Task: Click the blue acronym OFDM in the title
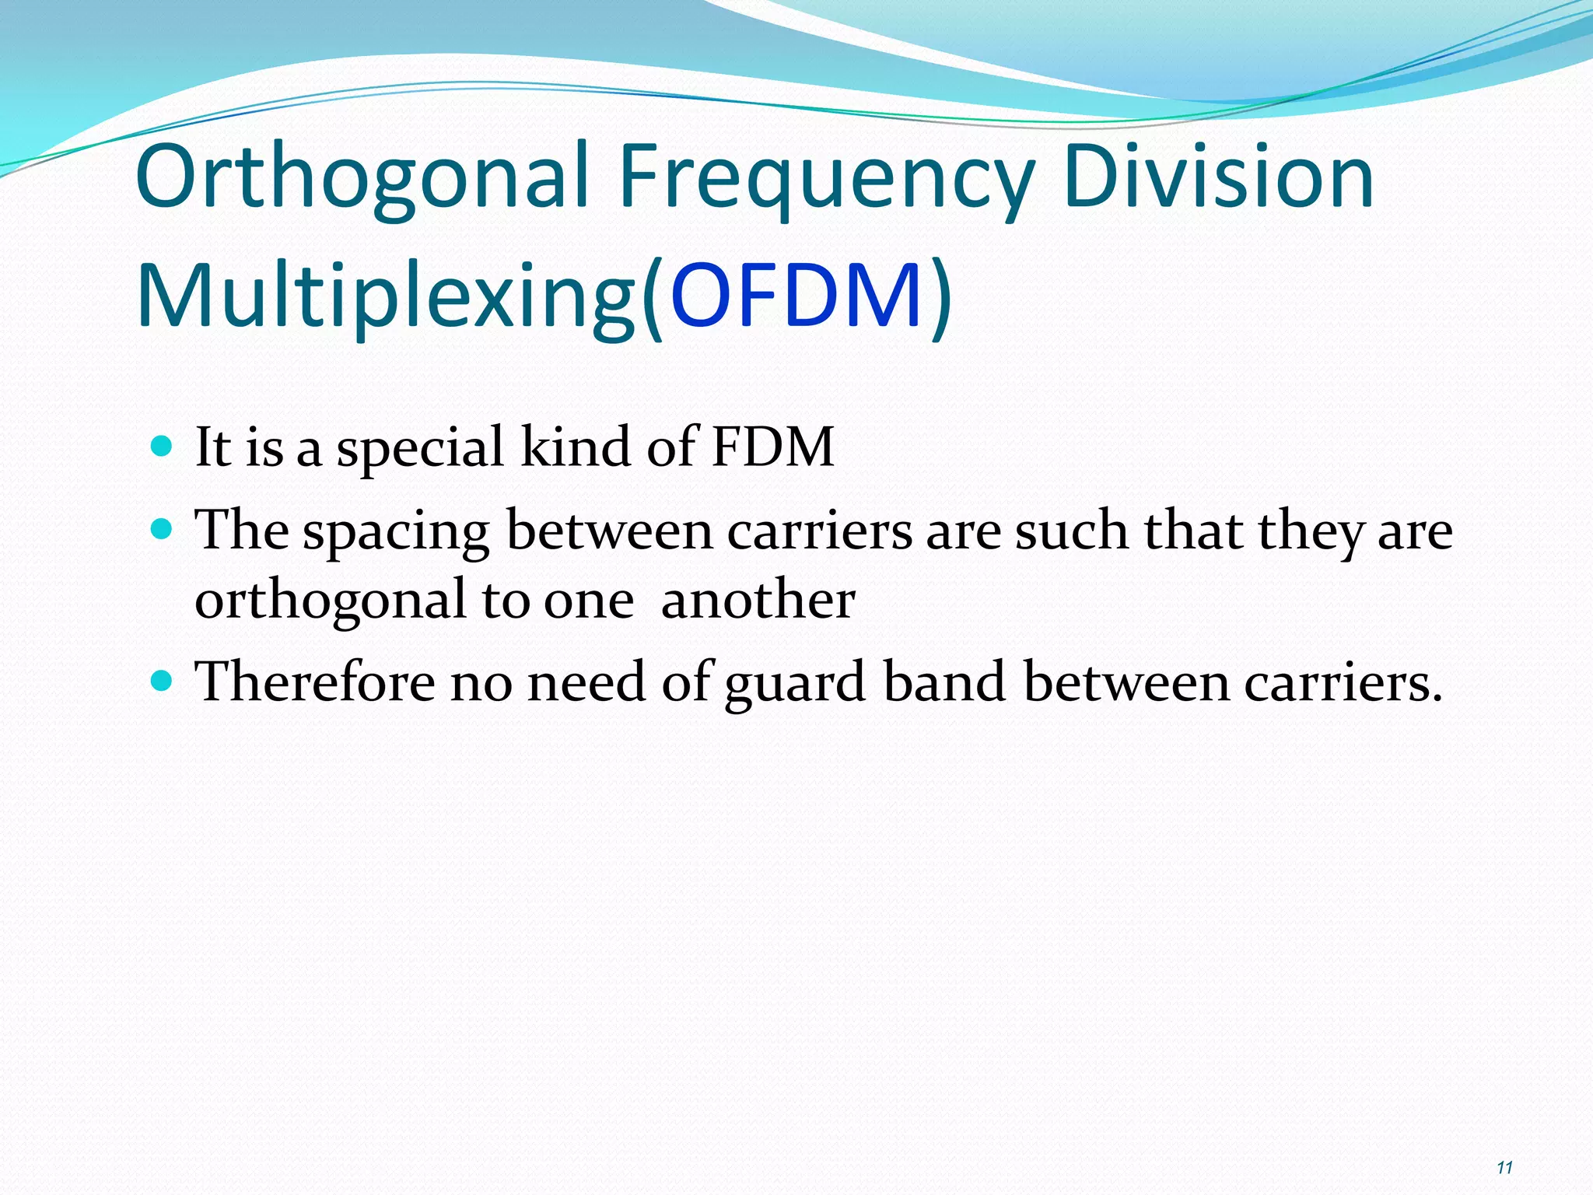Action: click(796, 296)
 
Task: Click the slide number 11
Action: click(1504, 1167)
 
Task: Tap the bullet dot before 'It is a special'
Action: click(161, 447)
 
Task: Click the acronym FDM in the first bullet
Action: click(772, 447)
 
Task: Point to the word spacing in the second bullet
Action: click(396, 534)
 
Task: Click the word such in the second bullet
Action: click(1071, 531)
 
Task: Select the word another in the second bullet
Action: click(758, 601)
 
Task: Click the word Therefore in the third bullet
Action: click(315, 682)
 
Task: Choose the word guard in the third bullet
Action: click(796, 685)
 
